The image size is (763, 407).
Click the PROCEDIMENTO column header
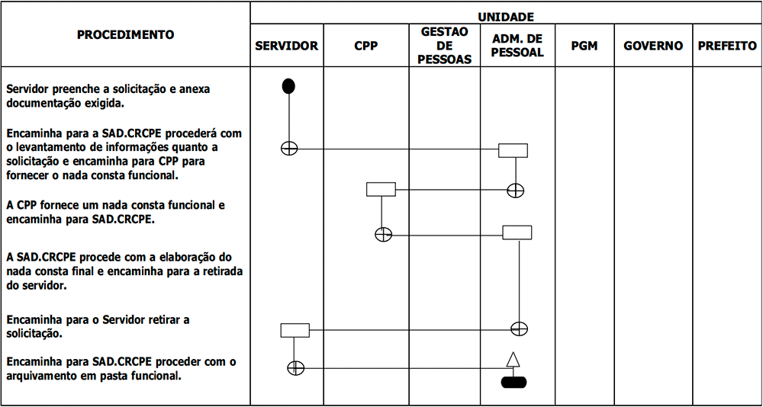(126, 34)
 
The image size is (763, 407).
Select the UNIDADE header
(506, 18)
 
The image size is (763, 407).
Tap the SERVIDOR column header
(287, 46)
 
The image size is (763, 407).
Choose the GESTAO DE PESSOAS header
(444, 46)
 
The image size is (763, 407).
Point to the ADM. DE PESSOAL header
(517, 46)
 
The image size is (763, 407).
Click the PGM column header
(584, 46)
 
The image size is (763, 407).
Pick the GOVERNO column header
(653, 46)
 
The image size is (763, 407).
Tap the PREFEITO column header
(727, 46)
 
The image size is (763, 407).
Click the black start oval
(288, 86)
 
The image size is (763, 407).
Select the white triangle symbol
(513, 360)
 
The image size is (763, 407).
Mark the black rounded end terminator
(513, 382)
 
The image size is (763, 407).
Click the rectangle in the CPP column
(381, 189)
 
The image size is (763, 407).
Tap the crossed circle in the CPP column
(384, 235)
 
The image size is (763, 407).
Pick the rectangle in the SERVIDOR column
(295, 330)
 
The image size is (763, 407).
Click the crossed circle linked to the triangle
(296, 367)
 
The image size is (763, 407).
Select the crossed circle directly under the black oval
(289, 148)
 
